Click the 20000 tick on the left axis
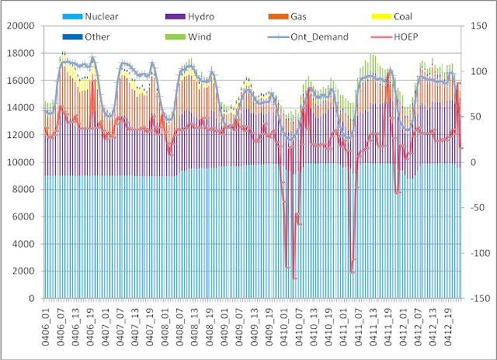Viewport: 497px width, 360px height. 19,26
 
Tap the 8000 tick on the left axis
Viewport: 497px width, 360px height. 23,189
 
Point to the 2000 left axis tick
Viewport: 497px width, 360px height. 23,272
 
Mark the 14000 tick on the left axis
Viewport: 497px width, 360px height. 19,108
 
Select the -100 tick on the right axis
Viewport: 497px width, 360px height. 477,253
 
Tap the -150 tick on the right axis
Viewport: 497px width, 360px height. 477,299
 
